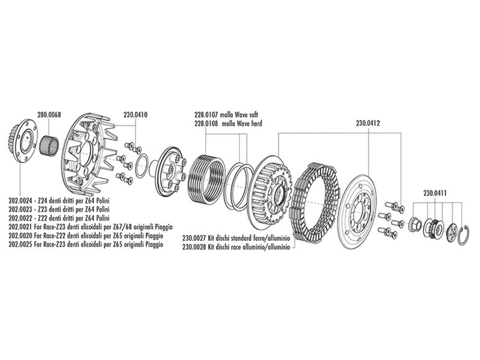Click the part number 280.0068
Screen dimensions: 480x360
coord(49,115)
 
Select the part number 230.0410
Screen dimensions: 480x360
coord(135,115)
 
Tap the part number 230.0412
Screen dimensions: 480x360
coord(368,123)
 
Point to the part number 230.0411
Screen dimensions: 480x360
coord(435,193)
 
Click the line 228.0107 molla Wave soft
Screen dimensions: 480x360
coord(226,115)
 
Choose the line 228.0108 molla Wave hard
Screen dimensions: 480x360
coord(228,124)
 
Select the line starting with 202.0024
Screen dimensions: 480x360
coord(59,201)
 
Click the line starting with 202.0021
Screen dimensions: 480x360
coord(91,227)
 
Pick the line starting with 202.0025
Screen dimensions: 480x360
coord(86,245)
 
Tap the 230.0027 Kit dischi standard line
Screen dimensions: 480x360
coord(236,238)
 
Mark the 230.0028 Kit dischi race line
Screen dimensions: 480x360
coord(236,247)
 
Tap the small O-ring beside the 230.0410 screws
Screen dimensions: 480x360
coord(142,166)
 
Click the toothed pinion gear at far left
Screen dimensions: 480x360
coord(22,140)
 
